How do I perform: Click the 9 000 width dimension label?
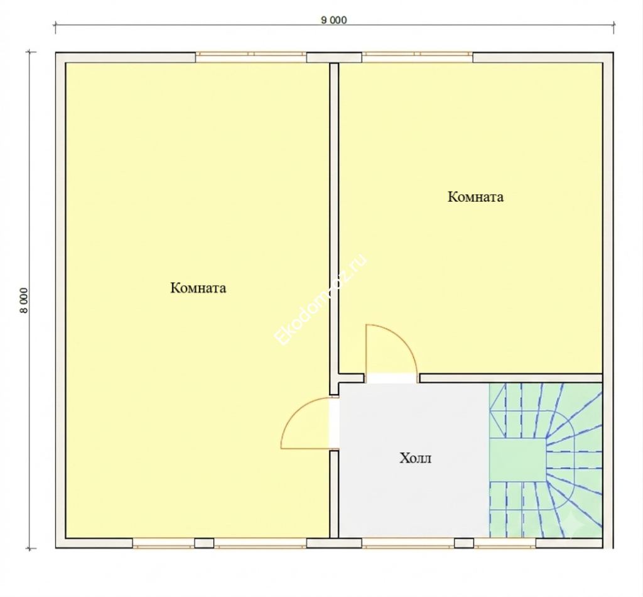[x=334, y=19]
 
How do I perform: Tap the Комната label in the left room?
[x=198, y=288]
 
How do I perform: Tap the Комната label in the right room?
[x=475, y=197]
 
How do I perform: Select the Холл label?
[x=416, y=457]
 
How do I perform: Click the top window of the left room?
[x=251, y=54]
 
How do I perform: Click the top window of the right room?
[x=417, y=54]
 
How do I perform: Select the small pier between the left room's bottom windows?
[x=204, y=543]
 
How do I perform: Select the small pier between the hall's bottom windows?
[x=464, y=543]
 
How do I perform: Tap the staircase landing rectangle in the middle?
[x=517, y=460]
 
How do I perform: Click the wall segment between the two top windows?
[x=334, y=57]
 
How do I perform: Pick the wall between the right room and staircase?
[x=511, y=378]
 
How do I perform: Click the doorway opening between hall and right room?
[x=392, y=378]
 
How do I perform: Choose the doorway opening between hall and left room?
[x=334, y=423]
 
